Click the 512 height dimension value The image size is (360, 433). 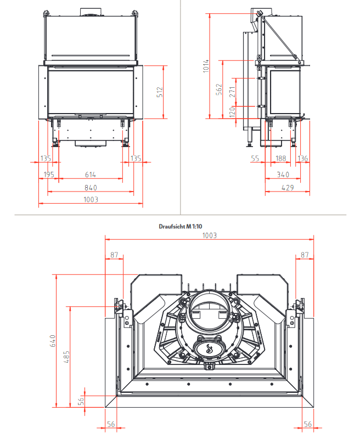click(160, 92)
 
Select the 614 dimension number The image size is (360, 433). click(90, 175)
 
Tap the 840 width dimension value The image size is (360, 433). click(90, 187)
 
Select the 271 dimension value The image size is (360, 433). click(232, 93)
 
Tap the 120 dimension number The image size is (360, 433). click(232, 112)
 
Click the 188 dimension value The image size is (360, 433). click(280, 159)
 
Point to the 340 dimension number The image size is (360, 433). click(283, 175)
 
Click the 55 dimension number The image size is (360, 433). click(255, 159)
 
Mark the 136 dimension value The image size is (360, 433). click(302, 159)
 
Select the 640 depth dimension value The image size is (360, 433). click(53, 341)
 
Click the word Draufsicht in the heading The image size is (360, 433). click(170, 226)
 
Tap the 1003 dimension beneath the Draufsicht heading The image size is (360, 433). click(210, 235)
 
